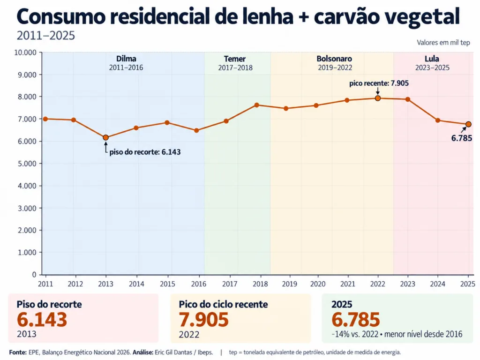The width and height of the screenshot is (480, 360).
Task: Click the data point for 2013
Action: tap(105, 137)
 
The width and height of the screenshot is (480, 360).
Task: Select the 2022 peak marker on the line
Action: tap(378, 98)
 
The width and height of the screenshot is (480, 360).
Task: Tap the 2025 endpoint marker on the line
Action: tap(468, 124)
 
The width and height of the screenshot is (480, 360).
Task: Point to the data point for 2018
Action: tap(257, 105)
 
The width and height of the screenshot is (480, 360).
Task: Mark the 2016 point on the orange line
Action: tap(196, 130)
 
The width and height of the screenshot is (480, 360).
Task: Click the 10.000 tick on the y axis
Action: tap(25, 52)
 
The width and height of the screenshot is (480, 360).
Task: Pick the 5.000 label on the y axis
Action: tap(27, 164)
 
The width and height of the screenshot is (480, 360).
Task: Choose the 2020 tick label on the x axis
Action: tap(318, 284)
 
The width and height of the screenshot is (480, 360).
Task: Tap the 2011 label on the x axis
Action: tap(45, 284)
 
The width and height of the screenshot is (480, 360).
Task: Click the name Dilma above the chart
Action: tap(126, 59)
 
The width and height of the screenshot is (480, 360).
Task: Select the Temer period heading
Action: tap(235, 59)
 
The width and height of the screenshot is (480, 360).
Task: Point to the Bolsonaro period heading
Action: tap(334, 59)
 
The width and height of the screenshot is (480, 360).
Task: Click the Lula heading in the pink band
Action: tap(432, 59)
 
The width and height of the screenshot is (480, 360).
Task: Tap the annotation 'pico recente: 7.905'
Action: tap(379, 83)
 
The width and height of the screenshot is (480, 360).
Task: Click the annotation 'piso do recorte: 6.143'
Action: tap(145, 152)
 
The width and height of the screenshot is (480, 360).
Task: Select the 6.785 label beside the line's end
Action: tap(462, 138)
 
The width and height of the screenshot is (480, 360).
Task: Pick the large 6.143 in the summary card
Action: tap(42, 320)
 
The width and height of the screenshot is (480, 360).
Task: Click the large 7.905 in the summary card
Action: tap(203, 320)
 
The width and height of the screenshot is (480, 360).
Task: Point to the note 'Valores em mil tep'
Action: tap(443, 43)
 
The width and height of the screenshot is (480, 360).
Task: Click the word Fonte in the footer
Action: tap(18, 352)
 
